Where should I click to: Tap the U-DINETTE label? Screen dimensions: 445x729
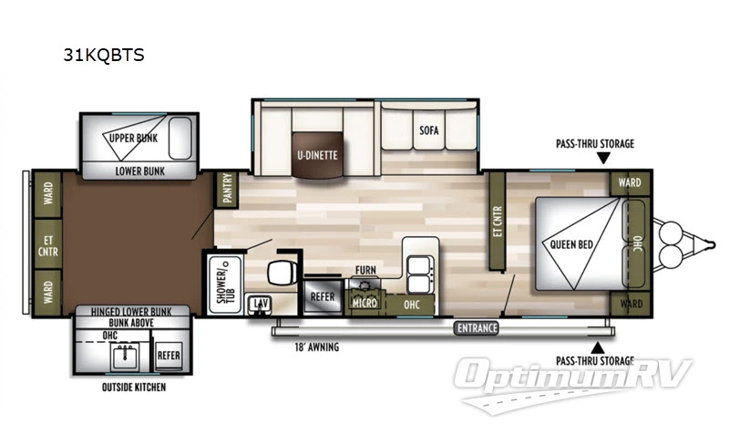[316, 154]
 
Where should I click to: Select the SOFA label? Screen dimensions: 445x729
[429, 130]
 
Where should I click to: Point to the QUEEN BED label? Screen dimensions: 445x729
[571, 243]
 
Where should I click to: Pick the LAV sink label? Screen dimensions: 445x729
[260, 302]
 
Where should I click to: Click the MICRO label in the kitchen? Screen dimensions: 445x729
[365, 302]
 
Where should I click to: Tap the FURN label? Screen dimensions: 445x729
[365, 271]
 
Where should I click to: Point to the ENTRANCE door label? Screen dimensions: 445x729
[477, 327]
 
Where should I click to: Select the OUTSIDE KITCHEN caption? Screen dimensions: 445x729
[134, 386]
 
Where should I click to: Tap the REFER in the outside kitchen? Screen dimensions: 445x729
[168, 355]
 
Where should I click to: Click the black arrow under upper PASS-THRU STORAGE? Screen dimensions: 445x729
[601, 159]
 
